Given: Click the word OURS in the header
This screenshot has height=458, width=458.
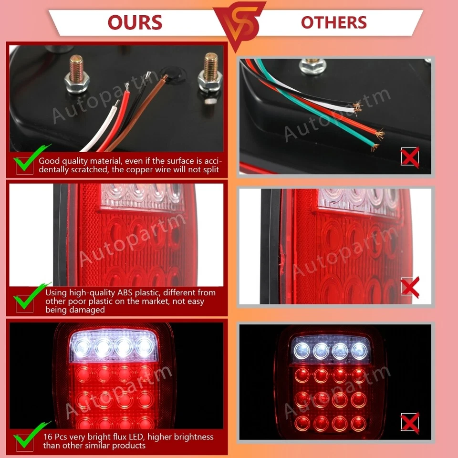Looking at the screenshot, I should coord(135,22).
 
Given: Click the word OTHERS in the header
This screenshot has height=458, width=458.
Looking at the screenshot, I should coord(333,22).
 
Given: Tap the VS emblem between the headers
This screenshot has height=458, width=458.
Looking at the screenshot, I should coord(239,24).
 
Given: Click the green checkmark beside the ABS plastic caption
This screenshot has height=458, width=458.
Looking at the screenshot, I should coord(24,301).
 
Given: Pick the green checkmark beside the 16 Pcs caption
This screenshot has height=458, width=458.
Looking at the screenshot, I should coord(24,437).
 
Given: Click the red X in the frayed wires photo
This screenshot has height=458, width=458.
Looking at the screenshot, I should coord(410,157).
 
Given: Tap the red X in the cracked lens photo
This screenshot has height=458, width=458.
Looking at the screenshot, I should coord(410,287).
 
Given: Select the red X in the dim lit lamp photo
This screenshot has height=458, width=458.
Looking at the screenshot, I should coord(410,423).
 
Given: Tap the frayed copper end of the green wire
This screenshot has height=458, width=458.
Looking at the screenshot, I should coord(375,146).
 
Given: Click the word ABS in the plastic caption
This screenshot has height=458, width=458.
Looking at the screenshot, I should coord(127,292).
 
